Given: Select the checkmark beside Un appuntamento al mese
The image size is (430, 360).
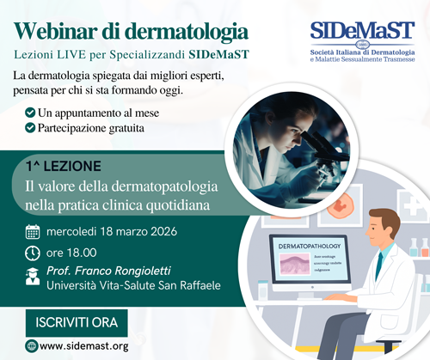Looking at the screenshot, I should (31, 113).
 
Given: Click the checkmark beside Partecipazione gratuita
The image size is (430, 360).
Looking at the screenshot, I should (31, 128).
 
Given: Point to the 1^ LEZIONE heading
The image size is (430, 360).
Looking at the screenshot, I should (64, 164).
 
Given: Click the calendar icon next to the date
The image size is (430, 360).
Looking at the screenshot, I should (33, 231).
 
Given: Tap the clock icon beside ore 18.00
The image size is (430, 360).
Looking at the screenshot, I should (33, 253).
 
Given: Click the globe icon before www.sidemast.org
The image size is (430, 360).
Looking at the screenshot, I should (32, 346).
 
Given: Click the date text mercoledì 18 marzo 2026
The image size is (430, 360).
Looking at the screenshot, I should (117, 231).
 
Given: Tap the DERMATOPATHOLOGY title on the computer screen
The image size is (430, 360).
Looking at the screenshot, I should (305, 246).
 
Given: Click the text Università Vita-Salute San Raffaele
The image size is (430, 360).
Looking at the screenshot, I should (129, 290).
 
